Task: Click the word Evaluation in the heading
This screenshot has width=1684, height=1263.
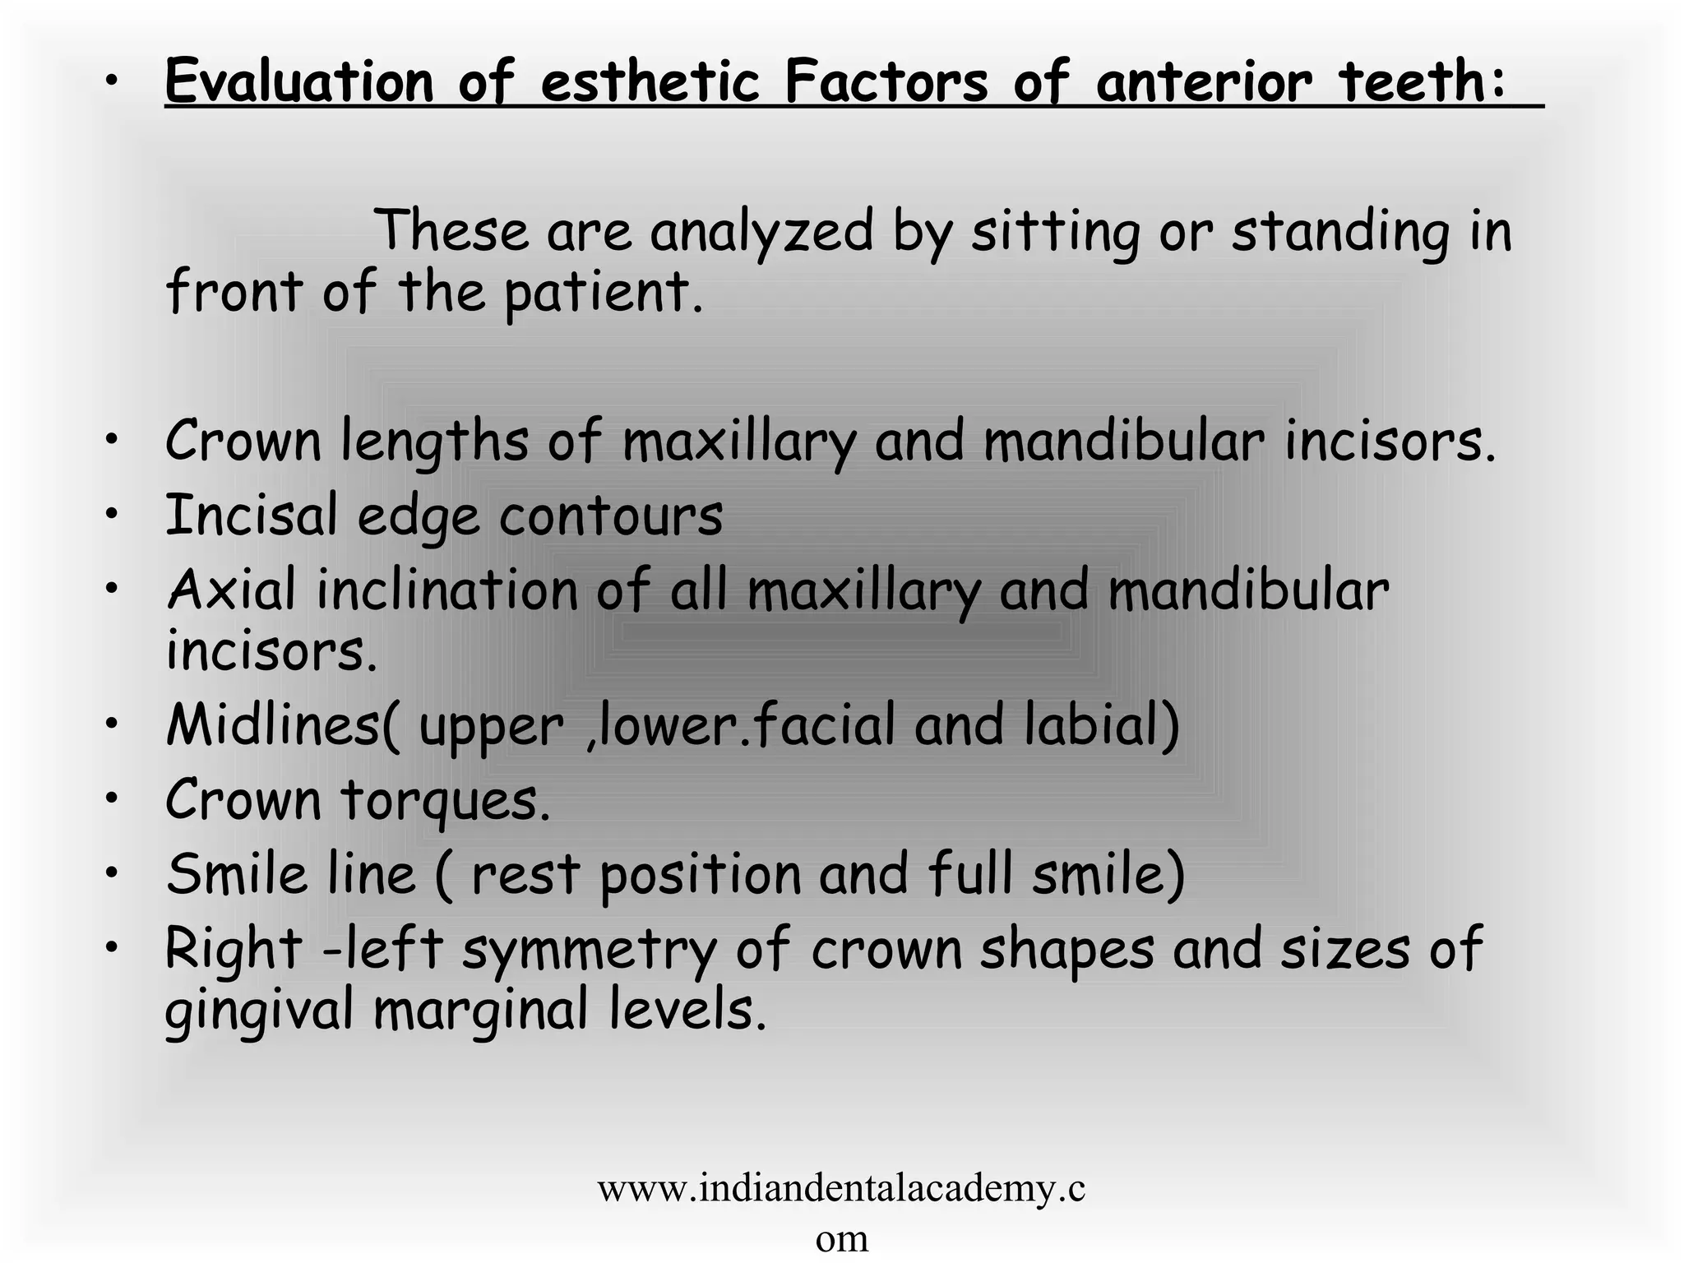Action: [298, 81]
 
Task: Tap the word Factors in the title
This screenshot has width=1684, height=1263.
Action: [886, 81]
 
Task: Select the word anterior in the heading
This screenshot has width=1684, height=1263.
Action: [1205, 81]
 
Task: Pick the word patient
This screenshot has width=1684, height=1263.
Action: [603, 294]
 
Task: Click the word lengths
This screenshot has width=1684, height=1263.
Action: [434, 442]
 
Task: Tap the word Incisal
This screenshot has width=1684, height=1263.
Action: [252, 516]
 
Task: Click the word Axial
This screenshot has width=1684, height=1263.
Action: [231, 590]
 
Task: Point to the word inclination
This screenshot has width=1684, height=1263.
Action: [447, 590]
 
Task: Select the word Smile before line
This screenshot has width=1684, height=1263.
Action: [237, 874]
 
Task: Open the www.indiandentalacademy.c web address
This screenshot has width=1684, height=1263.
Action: [841, 1189]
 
